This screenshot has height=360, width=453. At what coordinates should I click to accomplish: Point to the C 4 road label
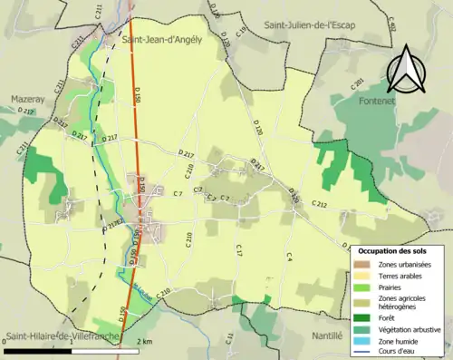(289, 257)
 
